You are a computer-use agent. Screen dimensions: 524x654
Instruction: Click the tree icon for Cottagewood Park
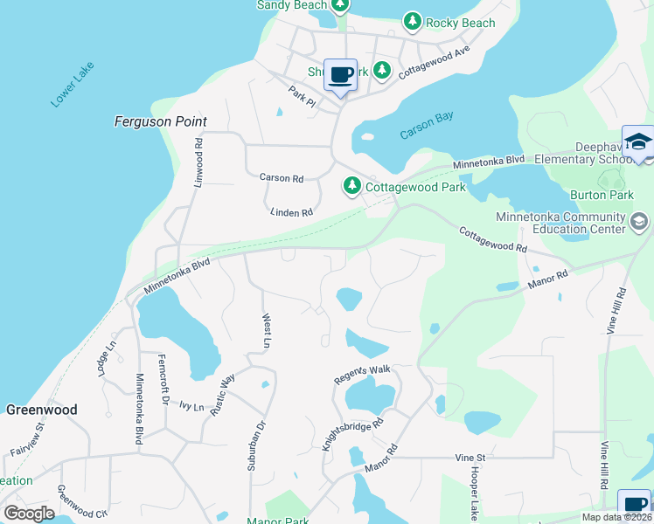(x=351, y=185)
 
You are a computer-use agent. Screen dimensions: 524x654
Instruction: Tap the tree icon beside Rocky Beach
(x=412, y=21)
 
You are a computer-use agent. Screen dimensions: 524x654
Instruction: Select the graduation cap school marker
(x=637, y=141)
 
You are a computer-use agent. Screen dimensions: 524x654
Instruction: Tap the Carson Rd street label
(x=281, y=178)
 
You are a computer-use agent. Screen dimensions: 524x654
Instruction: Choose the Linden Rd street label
(x=291, y=212)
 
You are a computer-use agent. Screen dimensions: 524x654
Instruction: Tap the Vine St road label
(x=470, y=457)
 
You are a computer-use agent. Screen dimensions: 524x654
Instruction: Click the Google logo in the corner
(x=29, y=513)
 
